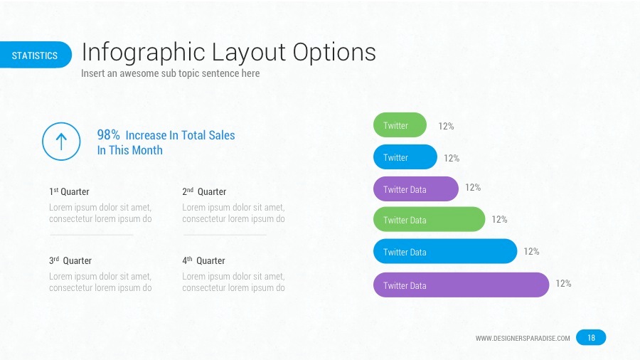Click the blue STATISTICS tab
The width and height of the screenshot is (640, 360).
click(36, 55)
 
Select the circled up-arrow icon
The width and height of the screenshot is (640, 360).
click(61, 142)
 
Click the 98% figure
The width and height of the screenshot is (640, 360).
click(108, 135)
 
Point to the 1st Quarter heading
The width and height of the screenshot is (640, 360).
click(69, 192)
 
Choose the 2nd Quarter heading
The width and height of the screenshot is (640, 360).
click(204, 192)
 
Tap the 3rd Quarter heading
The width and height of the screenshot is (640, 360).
click(70, 261)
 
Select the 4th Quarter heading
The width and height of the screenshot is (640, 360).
click(203, 261)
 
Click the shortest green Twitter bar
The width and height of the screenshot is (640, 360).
click(400, 125)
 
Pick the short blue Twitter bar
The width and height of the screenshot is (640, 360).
click(405, 157)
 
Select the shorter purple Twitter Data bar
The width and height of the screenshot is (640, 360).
click(416, 189)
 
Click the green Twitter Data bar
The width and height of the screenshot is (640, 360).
click(429, 220)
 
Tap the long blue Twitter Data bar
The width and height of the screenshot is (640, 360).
click(445, 252)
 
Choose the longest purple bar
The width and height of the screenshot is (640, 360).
click(462, 285)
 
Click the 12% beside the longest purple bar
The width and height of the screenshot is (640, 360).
click(563, 284)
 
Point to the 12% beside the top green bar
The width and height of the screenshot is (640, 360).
click(446, 127)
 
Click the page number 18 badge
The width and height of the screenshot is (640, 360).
click(591, 338)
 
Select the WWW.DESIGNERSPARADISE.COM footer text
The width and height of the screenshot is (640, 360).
click(523, 339)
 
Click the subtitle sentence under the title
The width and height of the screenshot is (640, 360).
click(171, 73)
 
